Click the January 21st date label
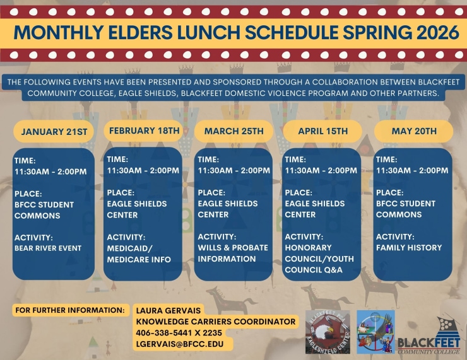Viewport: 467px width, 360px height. (54, 132)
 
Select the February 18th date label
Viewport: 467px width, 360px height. (145, 131)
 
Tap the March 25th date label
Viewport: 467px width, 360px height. (233, 131)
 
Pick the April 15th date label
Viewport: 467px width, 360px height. (322, 131)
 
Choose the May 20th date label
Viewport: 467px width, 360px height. (413, 131)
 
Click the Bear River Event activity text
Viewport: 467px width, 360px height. (48, 248)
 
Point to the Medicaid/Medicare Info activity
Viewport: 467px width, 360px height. (139, 253)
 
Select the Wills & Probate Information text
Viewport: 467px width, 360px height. (233, 253)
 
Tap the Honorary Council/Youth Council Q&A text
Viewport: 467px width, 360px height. (319, 258)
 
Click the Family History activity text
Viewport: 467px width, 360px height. (409, 248)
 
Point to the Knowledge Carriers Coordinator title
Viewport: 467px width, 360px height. (215, 322)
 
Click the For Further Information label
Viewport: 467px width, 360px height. (69, 310)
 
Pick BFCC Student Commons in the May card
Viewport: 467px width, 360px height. (406, 209)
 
